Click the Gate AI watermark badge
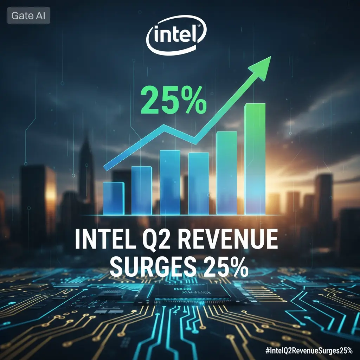click(28, 15)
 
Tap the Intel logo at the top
click(176, 35)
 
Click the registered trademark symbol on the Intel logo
click(199, 26)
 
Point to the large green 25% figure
click(173, 100)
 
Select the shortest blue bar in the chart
click(114, 198)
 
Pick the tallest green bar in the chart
click(255, 159)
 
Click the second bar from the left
click(142, 191)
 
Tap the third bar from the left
click(170, 182)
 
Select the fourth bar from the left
click(199, 184)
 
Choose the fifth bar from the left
click(227, 173)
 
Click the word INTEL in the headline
click(104, 240)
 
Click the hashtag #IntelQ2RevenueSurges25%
click(309, 351)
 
